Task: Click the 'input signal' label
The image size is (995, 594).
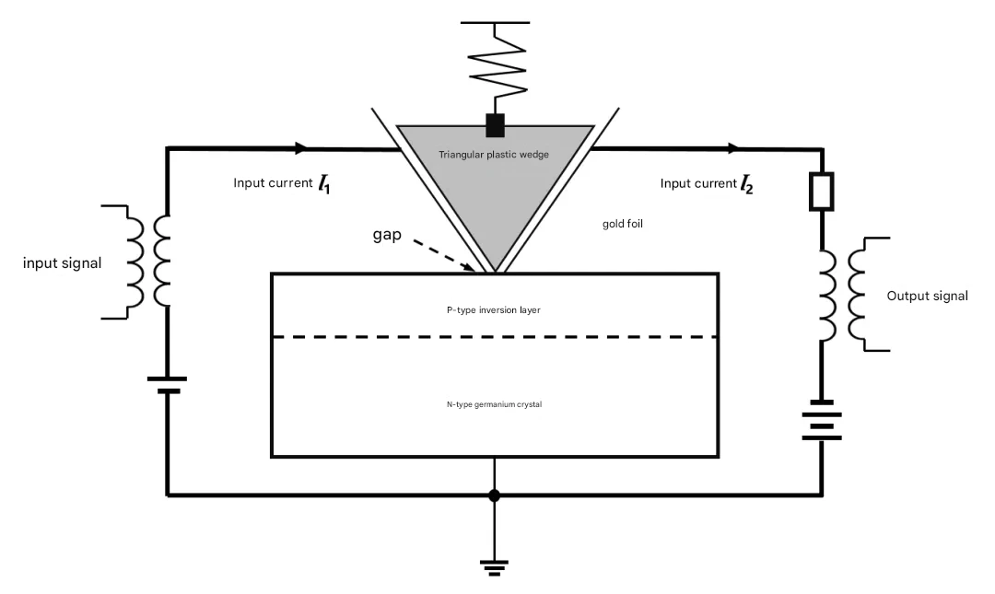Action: coord(63,263)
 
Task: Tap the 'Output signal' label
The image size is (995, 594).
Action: coord(927,297)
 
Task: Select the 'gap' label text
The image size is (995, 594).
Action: coord(387,235)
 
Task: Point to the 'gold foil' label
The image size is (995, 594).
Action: coord(623,224)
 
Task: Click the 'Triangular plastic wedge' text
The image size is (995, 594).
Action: coord(494,154)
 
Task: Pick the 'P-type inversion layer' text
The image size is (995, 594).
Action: coord(494,310)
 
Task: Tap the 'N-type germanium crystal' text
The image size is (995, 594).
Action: coord(495,404)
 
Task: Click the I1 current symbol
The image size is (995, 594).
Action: coord(323,185)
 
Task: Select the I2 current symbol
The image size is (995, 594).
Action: coord(746,185)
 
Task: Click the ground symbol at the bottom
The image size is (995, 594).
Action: coord(495,567)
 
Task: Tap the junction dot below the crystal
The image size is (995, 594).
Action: coord(495,495)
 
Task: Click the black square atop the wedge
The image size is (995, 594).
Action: coord(495,125)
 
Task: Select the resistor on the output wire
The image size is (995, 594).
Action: coord(822,191)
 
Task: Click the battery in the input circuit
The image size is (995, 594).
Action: coord(168,385)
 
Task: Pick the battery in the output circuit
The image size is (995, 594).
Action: coord(822,420)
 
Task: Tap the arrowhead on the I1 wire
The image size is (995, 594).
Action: coord(300,148)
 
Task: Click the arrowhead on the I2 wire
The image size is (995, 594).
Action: coord(733,148)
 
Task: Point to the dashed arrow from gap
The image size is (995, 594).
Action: coord(443,255)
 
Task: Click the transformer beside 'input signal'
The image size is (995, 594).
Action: coord(148,262)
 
